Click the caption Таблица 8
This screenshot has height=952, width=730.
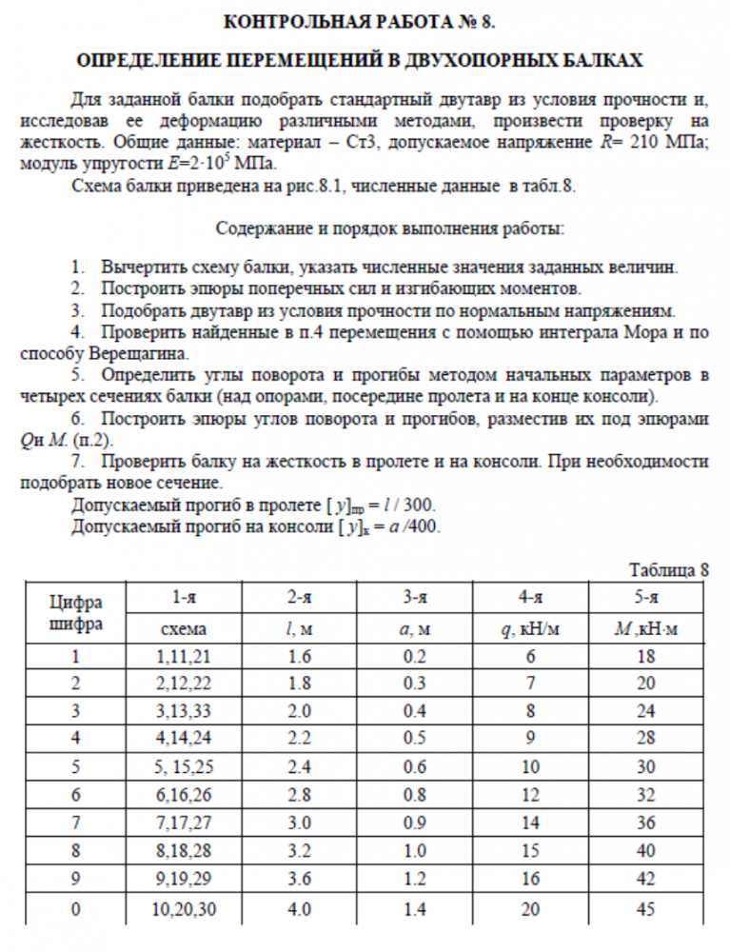(x=669, y=570)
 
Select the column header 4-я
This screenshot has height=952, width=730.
(x=530, y=598)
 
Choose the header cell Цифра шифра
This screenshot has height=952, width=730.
(x=75, y=613)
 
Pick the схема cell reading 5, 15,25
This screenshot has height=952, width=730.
(x=185, y=766)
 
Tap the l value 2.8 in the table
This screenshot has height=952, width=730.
(x=301, y=795)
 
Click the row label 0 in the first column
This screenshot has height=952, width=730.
(x=75, y=909)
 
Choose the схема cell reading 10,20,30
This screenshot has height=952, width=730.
(x=185, y=909)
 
